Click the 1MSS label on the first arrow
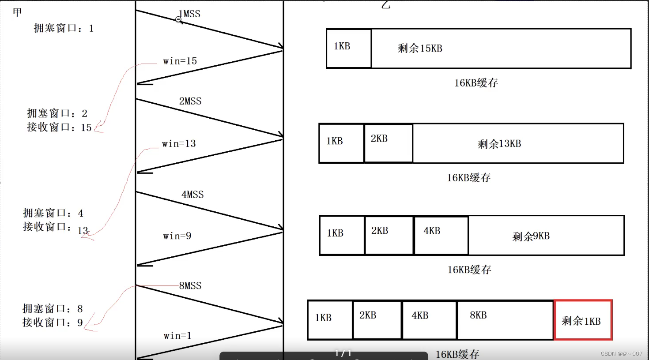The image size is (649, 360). click(x=189, y=14)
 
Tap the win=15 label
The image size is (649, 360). click(x=180, y=61)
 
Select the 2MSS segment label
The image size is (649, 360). click(x=190, y=101)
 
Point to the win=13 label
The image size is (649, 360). click(x=179, y=144)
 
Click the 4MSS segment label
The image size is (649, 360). click(x=192, y=195)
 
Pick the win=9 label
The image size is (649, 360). click(x=177, y=236)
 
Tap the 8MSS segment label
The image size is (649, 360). click(x=190, y=286)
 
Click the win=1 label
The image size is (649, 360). click(x=177, y=336)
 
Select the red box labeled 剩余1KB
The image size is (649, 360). click(x=583, y=320)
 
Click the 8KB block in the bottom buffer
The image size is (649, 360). click(x=505, y=320)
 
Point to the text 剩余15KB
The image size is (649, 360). click(x=420, y=49)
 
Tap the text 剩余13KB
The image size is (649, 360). click(x=499, y=144)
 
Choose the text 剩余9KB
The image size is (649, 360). click(x=531, y=236)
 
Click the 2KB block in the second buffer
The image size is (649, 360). click(x=389, y=143)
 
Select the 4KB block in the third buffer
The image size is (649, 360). click(x=441, y=236)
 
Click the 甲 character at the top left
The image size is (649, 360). click(x=17, y=12)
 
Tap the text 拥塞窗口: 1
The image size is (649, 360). click(x=64, y=29)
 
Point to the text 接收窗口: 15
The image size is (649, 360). click(x=59, y=127)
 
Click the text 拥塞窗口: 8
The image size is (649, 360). click(x=53, y=309)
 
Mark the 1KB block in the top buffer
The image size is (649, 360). click(x=349, y=49)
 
